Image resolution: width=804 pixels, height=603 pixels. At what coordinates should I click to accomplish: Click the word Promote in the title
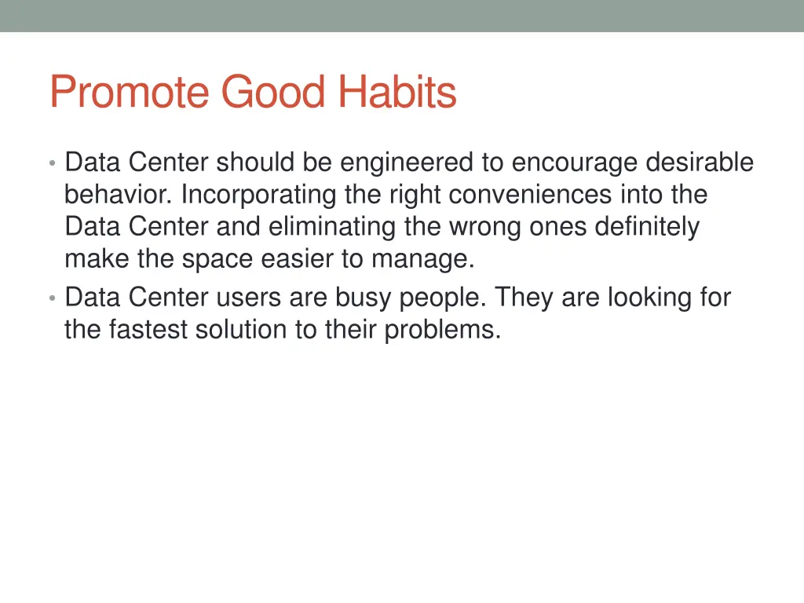pos(130,93)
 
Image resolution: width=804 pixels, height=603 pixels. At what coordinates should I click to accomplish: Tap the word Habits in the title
pos(397,93)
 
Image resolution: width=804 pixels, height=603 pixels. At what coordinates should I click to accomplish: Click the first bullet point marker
pos(52,163)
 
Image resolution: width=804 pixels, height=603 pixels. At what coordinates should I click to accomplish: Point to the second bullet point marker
pos(52,298)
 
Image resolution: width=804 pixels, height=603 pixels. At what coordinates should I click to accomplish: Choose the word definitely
pos(646,227)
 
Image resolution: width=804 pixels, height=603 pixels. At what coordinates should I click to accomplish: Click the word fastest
pos(149,330)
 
